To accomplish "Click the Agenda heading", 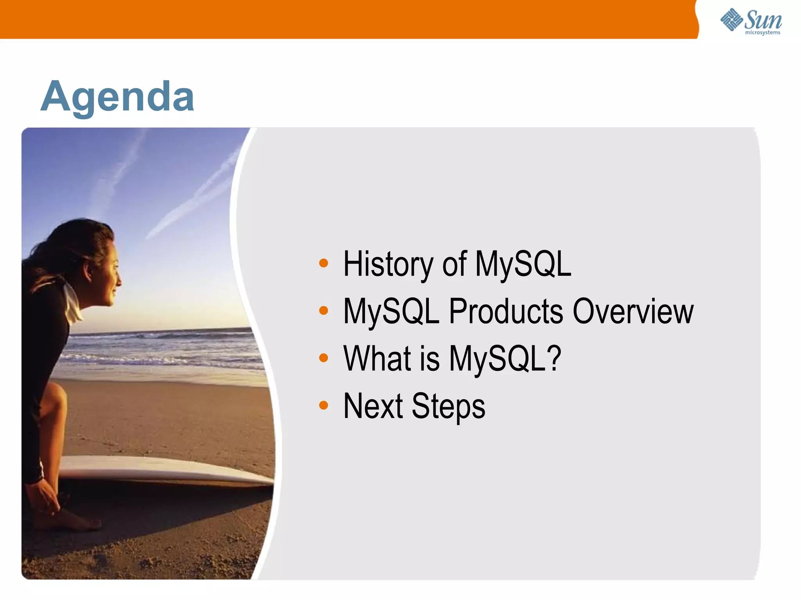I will click(117, 97).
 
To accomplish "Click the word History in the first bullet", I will click(387, 264).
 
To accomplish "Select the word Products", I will click(506, 311).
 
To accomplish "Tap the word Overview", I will click(633, 311).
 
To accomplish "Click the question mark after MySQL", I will click(553, 358).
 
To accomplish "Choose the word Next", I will click(373, 406).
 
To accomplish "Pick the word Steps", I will click(448, 407).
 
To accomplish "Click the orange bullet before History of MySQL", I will click(323, 263).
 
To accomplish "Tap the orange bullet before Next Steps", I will click(323, 405).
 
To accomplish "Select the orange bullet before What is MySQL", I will click(323, 357).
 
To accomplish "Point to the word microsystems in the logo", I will click(762, 33).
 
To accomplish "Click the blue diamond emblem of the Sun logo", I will click(731, 20).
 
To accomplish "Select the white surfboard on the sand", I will click(164, 469).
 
